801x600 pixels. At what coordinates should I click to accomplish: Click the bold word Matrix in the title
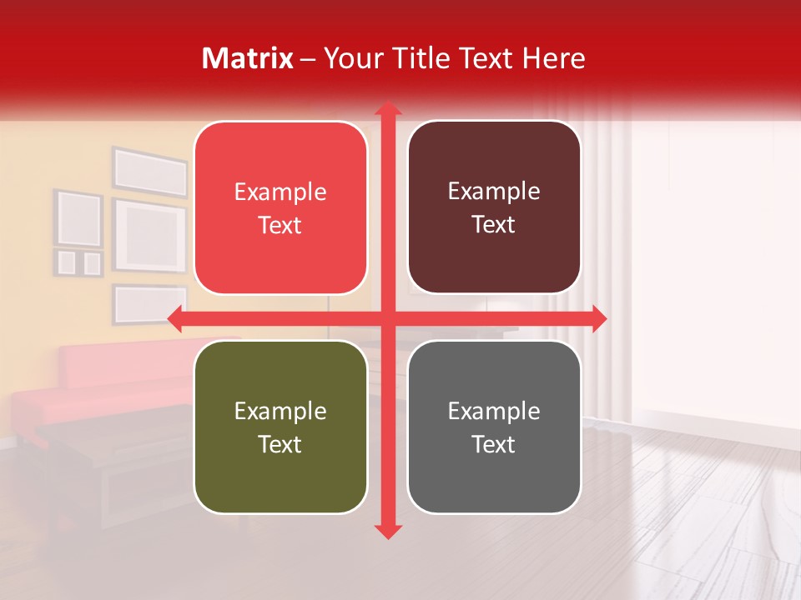(248, 58)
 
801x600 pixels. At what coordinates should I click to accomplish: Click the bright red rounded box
(280, 208)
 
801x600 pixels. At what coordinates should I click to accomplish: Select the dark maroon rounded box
(494, 207)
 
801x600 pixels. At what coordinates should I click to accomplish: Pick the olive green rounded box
(280, 427)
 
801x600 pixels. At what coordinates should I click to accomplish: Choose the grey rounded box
(494, 427)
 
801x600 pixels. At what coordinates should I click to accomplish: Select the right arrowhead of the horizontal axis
(598, 318)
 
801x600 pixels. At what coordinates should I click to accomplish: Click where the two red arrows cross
(388, 318)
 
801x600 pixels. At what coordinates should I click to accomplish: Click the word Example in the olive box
(280, 412)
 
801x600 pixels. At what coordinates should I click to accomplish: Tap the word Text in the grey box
(494, 444)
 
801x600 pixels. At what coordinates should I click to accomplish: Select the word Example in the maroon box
(494, 192)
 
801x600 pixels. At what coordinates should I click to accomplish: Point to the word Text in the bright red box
(280, 225)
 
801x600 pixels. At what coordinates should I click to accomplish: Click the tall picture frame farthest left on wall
(78, 217)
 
